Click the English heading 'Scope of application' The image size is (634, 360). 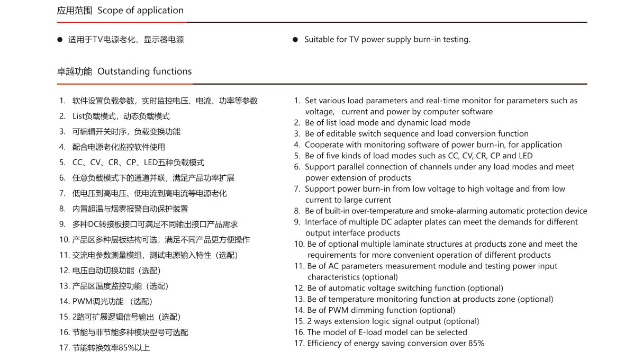(140, 11)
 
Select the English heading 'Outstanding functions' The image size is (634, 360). (144, 71)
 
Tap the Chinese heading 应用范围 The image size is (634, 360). (75, 11)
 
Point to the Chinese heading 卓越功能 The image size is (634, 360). (75, 71)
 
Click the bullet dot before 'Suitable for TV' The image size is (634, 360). (295, 40)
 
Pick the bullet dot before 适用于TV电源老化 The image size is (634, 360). (60, 40)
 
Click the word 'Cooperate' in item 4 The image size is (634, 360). (324, 145)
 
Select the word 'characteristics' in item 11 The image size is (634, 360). (334, 277)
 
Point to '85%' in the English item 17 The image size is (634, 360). (474, 344)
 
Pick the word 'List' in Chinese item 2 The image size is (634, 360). (78, 116)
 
